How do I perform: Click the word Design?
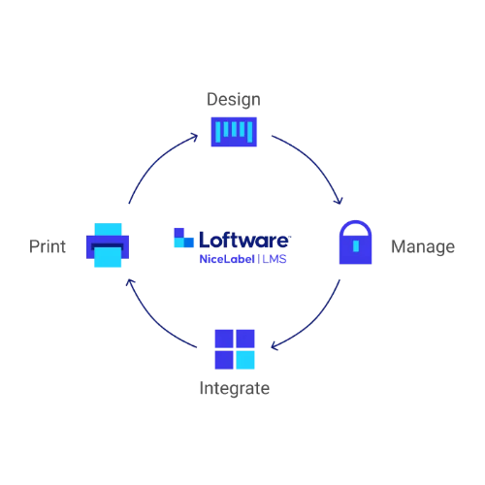tap(234, 100)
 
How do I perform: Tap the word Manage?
tap(423, 246)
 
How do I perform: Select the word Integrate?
tap(235, 388)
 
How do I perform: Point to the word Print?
tap(48, 246)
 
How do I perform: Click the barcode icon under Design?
tap(234, 132)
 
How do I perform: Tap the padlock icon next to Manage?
tap(355, 242)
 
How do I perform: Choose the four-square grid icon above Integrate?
tap(235, 349)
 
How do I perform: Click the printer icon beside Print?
tap(108, 245)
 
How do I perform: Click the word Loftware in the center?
tap(244, 240)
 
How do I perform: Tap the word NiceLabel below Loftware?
tap(227, 259)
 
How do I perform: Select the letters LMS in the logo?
tap(275, 259)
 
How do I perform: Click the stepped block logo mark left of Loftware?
tap(183, 238)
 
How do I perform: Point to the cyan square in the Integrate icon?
tap(245, 360)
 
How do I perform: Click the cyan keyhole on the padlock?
tap(356, 245)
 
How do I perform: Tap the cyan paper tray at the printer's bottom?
tap(108, 257)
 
